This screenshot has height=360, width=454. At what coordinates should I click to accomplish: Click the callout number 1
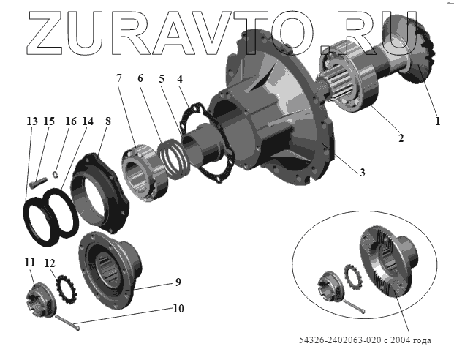(437, 122)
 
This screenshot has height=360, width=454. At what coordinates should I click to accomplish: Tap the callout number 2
(400, 137)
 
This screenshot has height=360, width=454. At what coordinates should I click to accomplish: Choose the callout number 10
(178, 309)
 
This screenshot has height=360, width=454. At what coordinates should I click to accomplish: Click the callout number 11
(29, 263)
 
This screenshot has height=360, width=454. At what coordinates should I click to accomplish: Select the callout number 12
(49, 264)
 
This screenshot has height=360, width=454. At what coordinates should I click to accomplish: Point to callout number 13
(30, 121)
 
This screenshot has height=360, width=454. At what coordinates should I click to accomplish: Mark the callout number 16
(70, 121)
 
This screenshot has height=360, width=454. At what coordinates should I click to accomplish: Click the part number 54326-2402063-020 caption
(366, 340)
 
